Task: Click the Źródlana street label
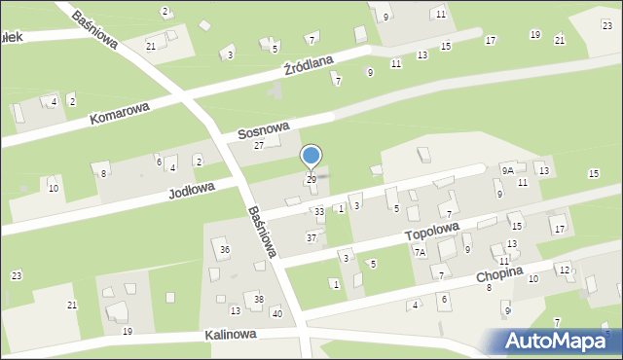pos(308,66)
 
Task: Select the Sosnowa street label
pos(264,129)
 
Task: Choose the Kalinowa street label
pos(230,334)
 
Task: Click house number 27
pos(259,145)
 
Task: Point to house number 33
pos(318,211)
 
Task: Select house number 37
pos(311,237)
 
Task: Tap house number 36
pos(225,250)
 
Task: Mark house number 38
pos(258,299)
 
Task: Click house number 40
pos(276,312)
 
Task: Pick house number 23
pos(17,276)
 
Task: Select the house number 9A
pos(507,170)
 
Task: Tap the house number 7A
pos(420,252)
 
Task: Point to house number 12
pos(564,270)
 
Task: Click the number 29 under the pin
pos(311,180)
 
